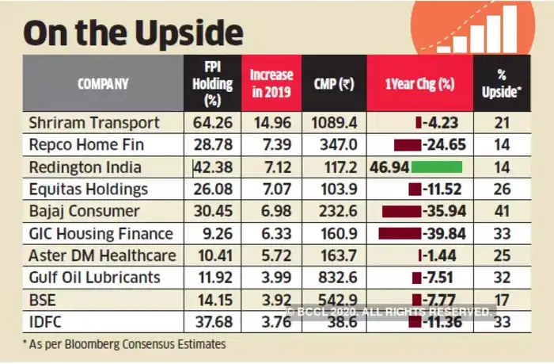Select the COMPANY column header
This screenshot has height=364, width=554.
point(104,83)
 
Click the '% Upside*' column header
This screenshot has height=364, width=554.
point(501,83)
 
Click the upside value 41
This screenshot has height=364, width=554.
point(501,212)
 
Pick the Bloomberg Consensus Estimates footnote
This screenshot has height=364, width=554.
point(123,344)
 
